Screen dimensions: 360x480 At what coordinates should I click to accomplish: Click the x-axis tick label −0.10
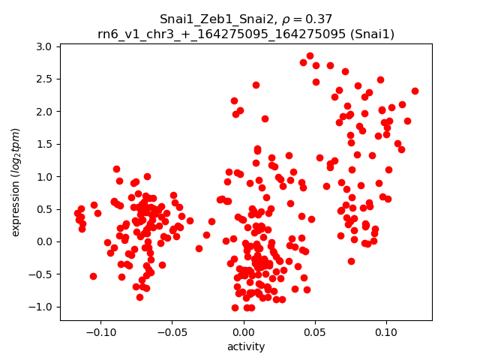[100, 331]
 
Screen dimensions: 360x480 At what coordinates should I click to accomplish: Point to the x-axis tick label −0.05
[172, 331]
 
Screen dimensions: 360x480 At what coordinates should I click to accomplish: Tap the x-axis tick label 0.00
[244, 331]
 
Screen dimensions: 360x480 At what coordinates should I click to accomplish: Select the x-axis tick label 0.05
[315, 331]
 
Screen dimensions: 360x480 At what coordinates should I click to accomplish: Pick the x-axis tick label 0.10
[386, 331]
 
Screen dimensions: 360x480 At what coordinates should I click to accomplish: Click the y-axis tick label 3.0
[44, 46]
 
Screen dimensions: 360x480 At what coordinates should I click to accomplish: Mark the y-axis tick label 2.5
[44, 79]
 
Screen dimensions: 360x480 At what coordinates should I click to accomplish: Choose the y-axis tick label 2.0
[44, 112]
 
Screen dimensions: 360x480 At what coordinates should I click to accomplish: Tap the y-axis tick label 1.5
[44, 144]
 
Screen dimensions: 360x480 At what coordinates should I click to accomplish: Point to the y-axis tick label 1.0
[44, 177]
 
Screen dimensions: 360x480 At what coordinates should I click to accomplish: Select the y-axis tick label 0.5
[44, 209]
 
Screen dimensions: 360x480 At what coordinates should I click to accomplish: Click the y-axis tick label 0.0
[44, 241]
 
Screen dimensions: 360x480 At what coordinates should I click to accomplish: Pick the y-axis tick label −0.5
[41, 274]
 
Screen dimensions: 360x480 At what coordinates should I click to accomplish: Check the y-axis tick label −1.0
[41, 307]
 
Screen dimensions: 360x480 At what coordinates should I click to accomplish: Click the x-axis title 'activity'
[246, 346]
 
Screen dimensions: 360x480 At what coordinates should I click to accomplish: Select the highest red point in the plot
[310, 55]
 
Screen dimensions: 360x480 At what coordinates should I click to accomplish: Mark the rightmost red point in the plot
[415, 91]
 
